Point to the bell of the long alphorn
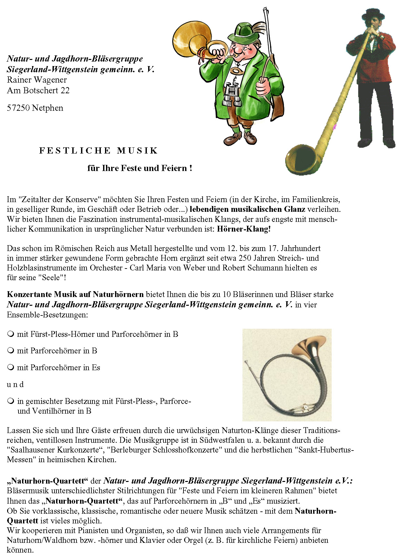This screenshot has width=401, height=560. point(300,160)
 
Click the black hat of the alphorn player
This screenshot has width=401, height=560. point(373,14)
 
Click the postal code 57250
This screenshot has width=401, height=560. point(18,108)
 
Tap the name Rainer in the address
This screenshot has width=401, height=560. point(19,80)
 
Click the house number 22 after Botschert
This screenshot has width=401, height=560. point(65,90)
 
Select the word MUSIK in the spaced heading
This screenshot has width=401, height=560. point(137,151)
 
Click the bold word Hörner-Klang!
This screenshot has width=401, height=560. point(244,229)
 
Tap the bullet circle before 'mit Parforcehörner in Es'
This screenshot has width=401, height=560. point(11,367)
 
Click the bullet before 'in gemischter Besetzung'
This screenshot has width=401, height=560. point(11,401)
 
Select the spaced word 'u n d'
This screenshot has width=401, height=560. point(15,384)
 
